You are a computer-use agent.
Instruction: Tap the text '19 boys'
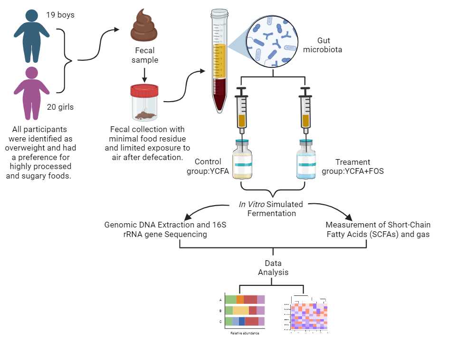click(60, 15)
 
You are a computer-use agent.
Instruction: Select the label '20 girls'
click(60, 107)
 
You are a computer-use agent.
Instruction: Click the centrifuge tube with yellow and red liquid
click(219, 62)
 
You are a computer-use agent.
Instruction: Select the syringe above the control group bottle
click(242, 112)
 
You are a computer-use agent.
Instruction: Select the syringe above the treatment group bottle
click(305, 112)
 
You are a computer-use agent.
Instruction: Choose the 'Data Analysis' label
click(273, 268)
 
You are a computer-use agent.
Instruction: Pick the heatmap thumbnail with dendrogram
click(309, 314)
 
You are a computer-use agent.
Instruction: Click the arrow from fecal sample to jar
click(145, 74)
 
